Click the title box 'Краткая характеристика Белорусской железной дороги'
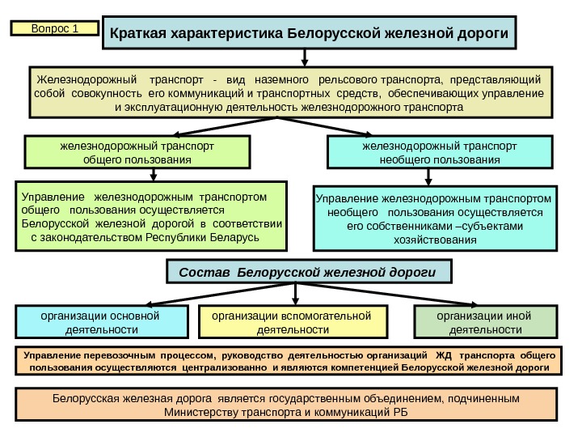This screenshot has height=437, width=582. coord(309,33)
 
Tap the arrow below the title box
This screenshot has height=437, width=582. coord(305,59)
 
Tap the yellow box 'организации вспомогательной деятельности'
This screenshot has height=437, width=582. coord(292,322)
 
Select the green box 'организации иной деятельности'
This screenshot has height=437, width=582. coord(485,322)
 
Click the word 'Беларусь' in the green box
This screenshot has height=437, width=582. coord(234,238)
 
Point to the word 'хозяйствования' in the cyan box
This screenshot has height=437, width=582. coord(435,240)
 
